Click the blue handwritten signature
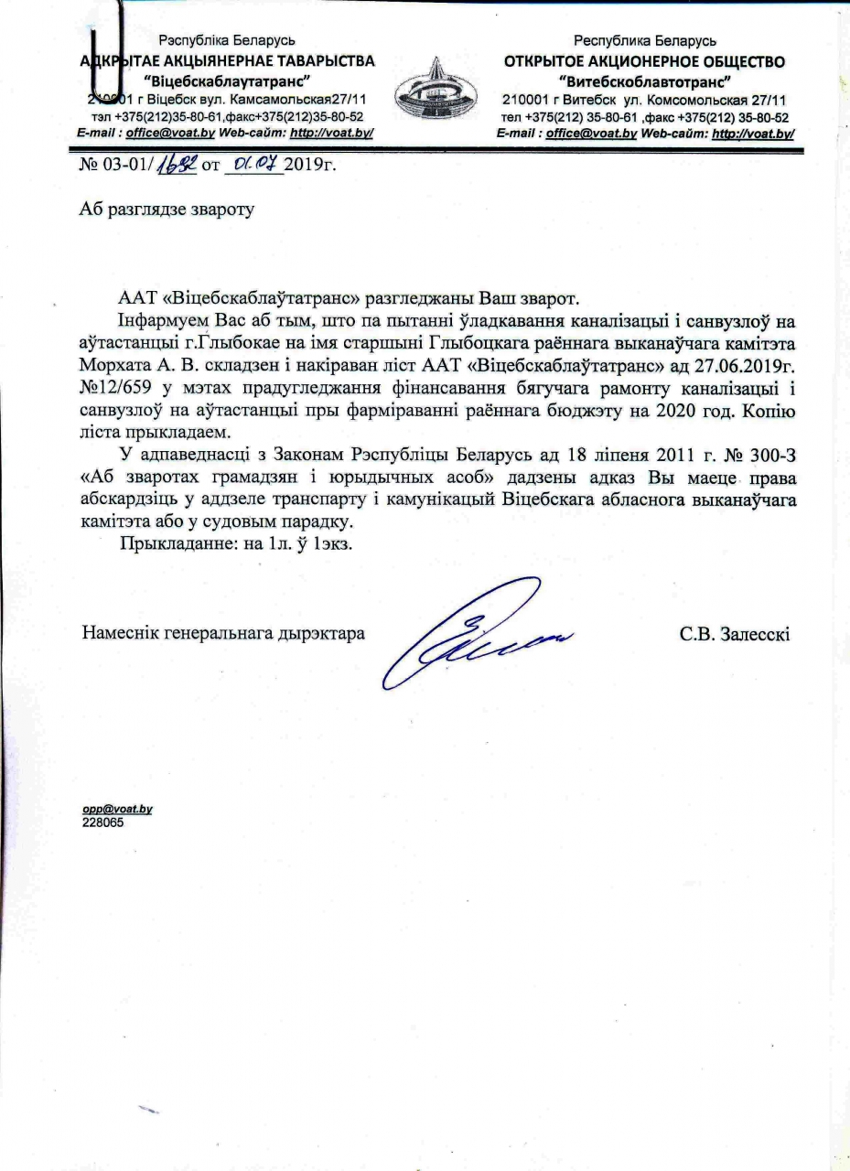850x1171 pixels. coord(476,630)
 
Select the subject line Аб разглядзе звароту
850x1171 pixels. coord(165,208)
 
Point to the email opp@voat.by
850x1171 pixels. coord(117,810)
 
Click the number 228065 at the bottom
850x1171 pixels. coord(103,822)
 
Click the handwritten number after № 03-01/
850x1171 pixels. coord(183,166)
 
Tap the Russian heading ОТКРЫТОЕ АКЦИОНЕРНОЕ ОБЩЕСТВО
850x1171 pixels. coord(644,62)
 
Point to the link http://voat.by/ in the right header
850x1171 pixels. coord(752,133)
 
